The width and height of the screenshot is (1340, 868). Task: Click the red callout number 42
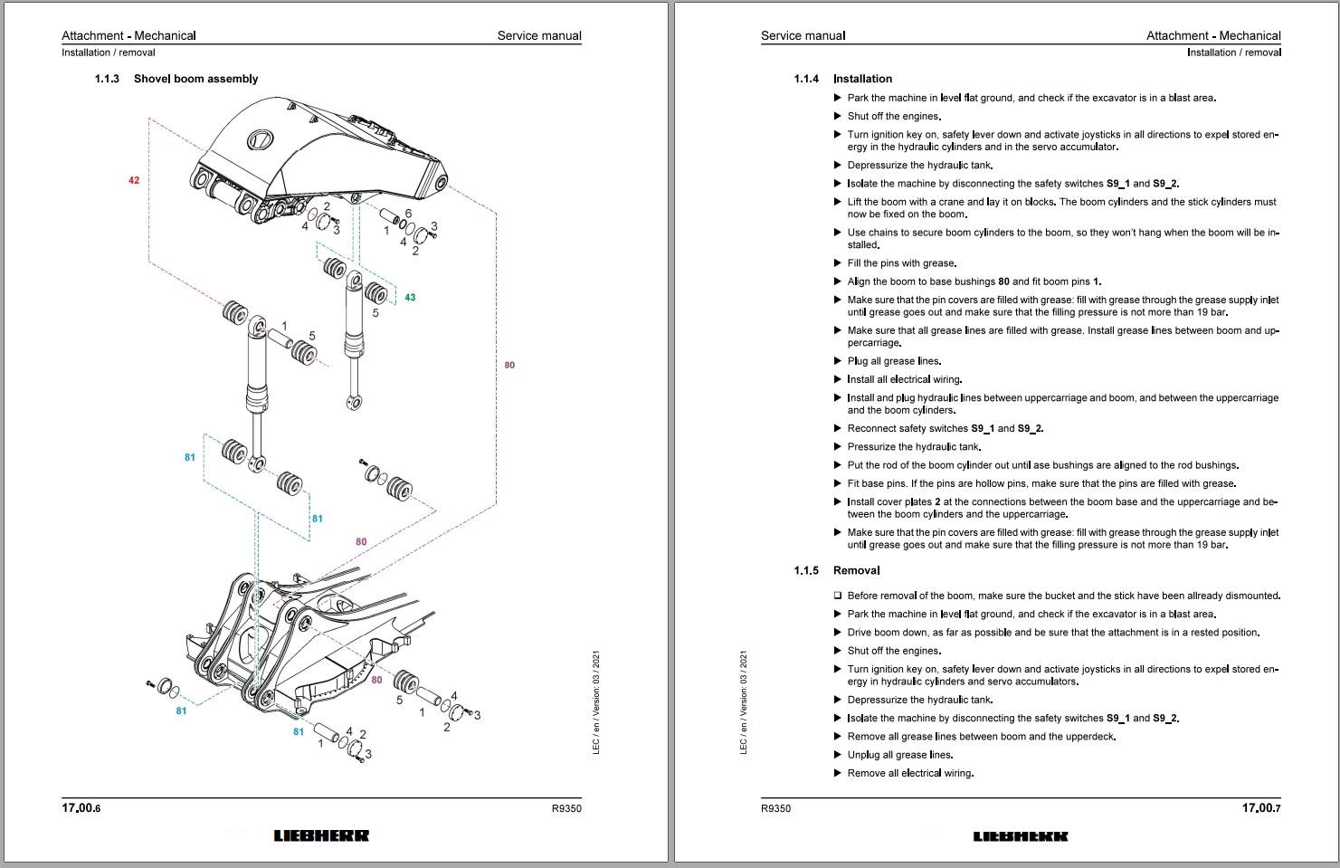(x=134, y=181)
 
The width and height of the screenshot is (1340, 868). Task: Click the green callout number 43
(x=410, y=298)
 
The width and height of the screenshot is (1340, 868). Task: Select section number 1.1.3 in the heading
(x=107, y=79)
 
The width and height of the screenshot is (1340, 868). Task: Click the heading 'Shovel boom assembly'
(x=195, y=79)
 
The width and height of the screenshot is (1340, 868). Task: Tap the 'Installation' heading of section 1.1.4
(x=862, y=79)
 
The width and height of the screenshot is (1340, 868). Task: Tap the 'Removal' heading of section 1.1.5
(x=856, y=570)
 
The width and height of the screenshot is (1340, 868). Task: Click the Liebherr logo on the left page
(x=321, y=835)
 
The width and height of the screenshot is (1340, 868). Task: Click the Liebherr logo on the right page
(x=1021, y=835)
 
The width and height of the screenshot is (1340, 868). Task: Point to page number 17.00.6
(x=81, y=808)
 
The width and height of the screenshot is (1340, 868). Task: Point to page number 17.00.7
(x=1261, y=808)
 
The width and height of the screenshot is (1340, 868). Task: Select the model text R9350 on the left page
(x=566, y=808)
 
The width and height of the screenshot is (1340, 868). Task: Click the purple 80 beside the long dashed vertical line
(x=509, y=366)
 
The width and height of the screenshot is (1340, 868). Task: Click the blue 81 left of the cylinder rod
(x=190, y=458)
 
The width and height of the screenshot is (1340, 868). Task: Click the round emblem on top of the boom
(x=260, y=140)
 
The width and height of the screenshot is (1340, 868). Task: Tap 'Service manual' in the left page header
(x=539, y=36)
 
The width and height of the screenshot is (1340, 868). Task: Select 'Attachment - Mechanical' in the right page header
(x=1213, y=36)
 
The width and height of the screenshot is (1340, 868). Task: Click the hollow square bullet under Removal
(x=838, y=596)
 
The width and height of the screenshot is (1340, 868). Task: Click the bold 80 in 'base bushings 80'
(x=1003, y=281)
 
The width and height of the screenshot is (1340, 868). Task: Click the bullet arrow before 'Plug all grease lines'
(x=838, y=361)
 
